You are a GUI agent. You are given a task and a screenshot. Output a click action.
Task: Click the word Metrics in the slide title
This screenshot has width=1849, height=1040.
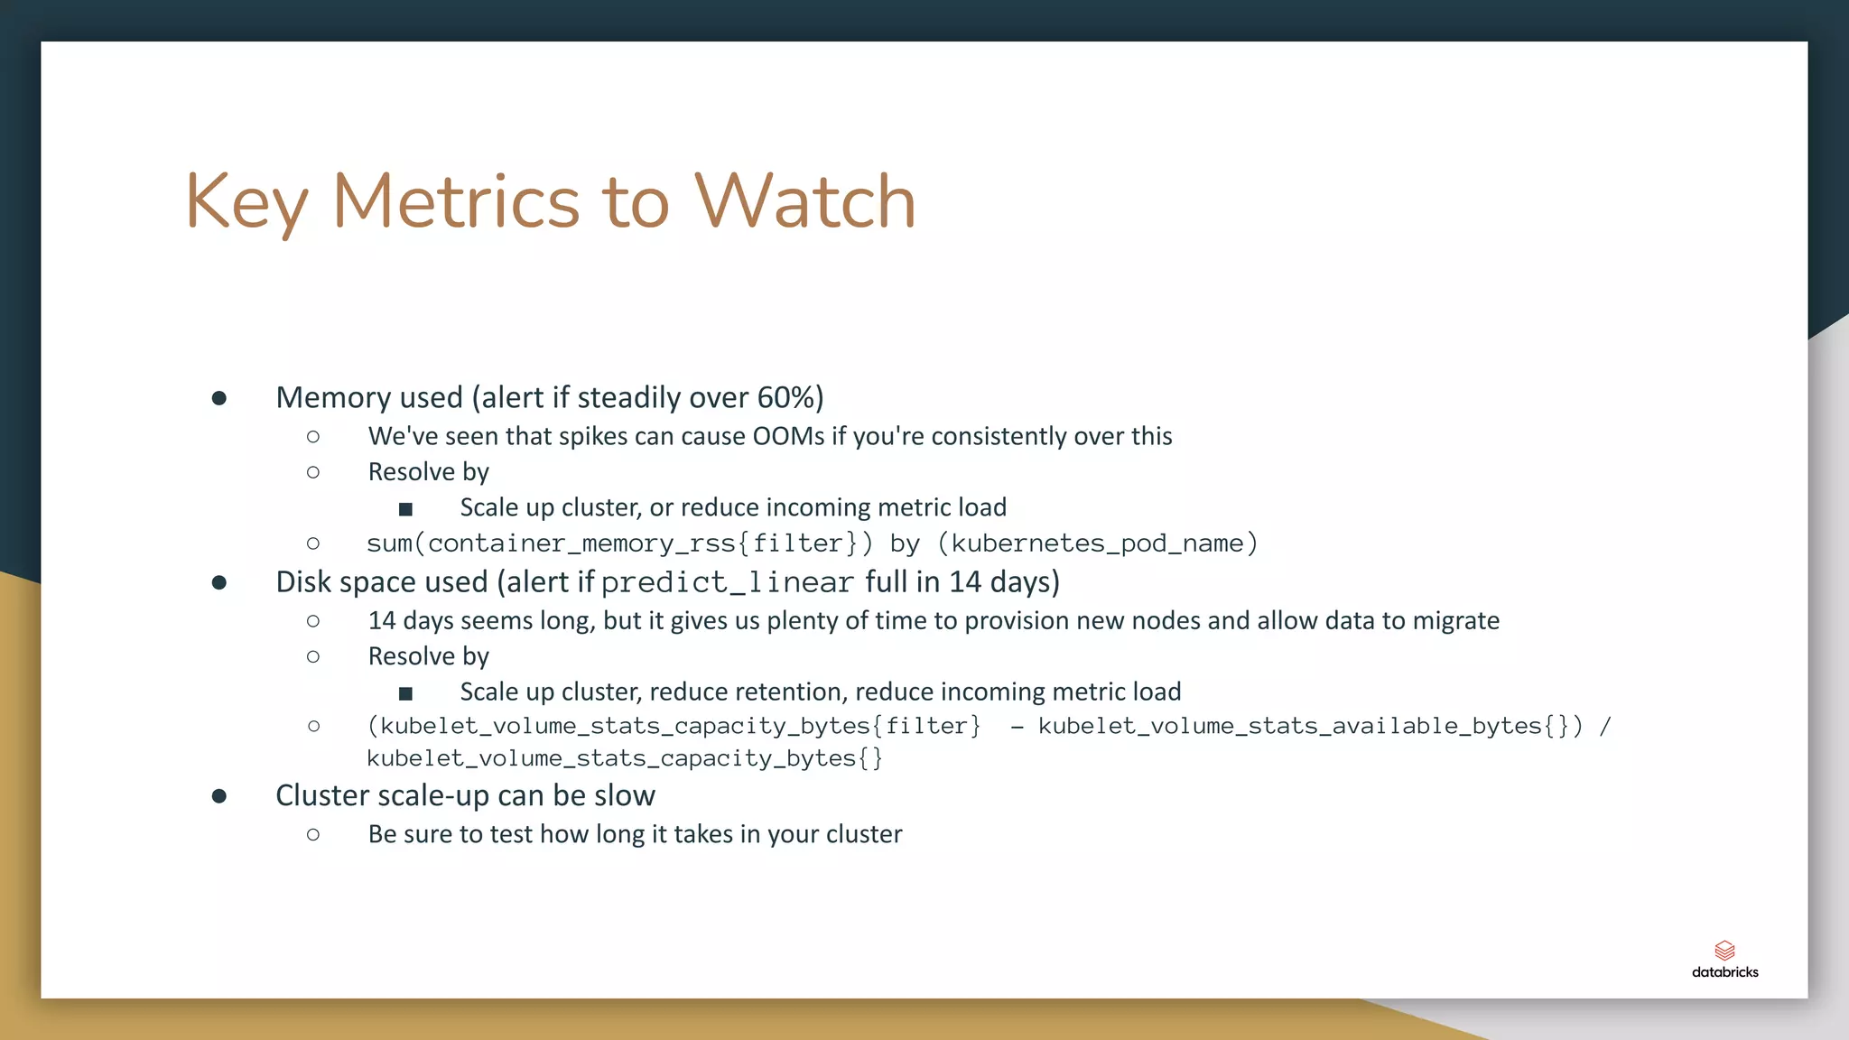(455, 201)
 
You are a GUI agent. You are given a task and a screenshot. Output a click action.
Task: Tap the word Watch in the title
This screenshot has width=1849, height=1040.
(804, 201)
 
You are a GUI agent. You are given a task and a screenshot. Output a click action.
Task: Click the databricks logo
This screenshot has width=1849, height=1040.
(1724, 959)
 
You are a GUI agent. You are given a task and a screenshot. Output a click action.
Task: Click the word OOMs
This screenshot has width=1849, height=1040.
(788, 436)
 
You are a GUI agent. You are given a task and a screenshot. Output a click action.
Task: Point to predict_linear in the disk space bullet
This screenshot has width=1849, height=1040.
(727, 582)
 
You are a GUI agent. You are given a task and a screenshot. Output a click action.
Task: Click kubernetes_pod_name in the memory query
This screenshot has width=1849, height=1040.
(1097, 543)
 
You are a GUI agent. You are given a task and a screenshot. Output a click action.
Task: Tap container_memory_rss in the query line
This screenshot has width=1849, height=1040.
(581, 543)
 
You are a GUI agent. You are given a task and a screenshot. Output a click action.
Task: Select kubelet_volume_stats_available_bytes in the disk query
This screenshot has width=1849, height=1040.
(1289, 726)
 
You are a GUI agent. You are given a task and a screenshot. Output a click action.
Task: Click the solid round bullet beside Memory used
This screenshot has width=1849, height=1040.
(219, 398)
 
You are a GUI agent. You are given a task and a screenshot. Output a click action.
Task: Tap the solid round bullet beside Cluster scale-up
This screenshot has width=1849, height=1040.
(219, 796)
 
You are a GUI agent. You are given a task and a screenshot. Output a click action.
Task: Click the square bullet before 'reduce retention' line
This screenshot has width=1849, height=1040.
(405, 693)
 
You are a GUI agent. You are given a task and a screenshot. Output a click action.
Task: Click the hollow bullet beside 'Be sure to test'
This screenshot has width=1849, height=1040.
(313, 834)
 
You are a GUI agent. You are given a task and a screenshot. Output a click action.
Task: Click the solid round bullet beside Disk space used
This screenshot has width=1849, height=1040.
(219, 582)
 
